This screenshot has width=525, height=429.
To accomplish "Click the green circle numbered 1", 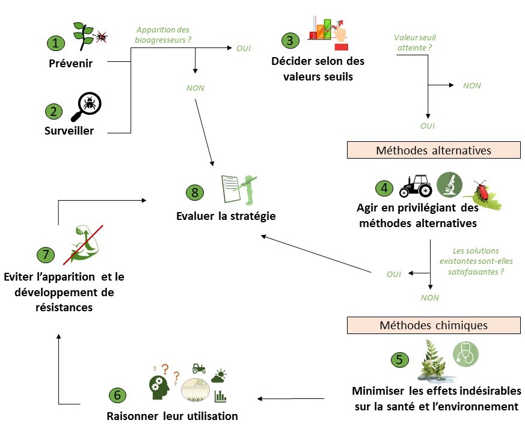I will tap(56, 43).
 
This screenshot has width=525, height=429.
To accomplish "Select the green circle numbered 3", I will tap(290, 40).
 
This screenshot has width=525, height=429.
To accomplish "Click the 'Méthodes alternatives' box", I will tap(433, 150).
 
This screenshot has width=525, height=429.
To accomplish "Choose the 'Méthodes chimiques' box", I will tap(433, 325).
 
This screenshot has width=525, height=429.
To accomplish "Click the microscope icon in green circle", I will tap(449, 184).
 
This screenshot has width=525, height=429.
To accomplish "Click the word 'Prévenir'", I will tap(70, 64).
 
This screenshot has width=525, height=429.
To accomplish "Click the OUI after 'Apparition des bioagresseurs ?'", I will tap(243, 48).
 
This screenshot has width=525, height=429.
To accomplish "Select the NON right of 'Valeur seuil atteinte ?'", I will tap(471, 85).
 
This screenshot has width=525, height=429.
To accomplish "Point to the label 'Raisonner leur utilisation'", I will tap(172, 416).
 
